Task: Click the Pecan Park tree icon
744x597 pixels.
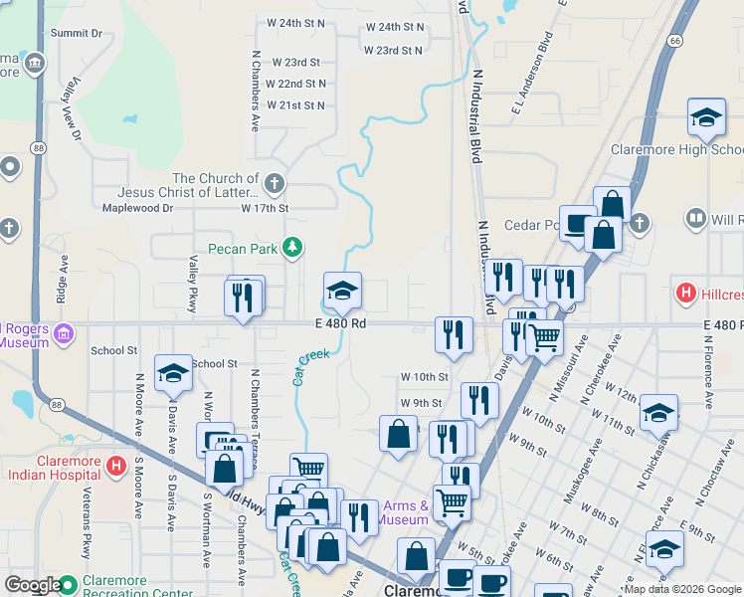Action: coord(292,247)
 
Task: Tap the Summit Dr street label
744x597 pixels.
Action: coord(77,33)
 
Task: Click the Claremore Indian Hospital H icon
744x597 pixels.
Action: coord(115,465)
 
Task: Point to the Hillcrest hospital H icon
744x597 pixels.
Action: coord(684,295)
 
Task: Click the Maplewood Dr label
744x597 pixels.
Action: coord(138,209)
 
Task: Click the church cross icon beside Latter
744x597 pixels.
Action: coord(276,184)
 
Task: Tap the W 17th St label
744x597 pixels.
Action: coord(265,209)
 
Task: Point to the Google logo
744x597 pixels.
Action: coord(33,585)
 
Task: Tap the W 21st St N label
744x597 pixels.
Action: coord(295,104)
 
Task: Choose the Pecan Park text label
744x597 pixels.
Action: coord(243,248)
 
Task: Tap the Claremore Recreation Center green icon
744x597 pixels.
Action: coord(68,584)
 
